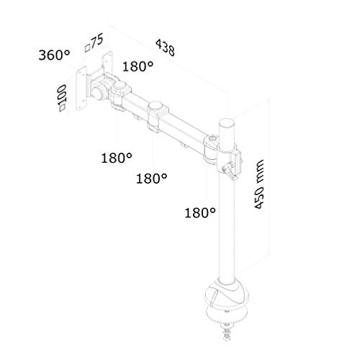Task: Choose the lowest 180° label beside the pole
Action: pos(200,212)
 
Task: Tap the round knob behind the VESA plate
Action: pos(96,94)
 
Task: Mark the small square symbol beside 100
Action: pos(64,109)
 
